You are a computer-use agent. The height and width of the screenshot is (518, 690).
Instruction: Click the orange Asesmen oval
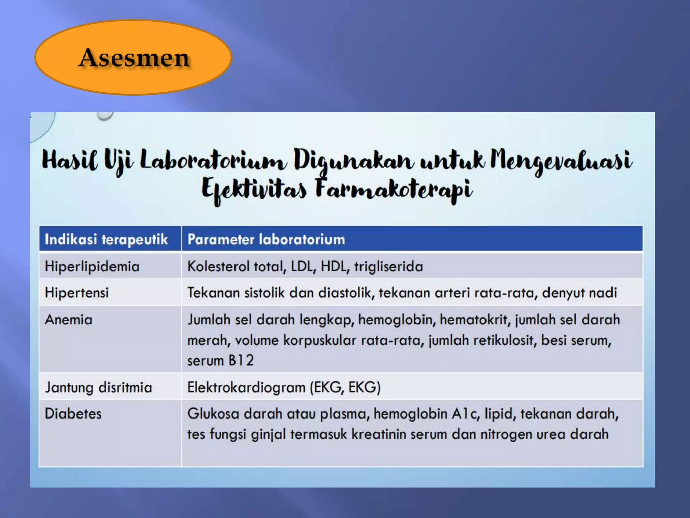(133, 57)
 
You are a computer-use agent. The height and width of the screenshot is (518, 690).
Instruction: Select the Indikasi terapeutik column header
(106, 239)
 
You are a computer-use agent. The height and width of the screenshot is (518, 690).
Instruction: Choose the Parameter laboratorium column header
(266, 239)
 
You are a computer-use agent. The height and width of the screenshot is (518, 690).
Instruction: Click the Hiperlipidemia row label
(92, 266)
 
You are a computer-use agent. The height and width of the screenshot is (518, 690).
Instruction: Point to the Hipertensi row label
(77, 293)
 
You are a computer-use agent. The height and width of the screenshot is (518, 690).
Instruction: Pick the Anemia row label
(68, 320)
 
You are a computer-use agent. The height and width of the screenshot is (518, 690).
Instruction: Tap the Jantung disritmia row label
(98, 387)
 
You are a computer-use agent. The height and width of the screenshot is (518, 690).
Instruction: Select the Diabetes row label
(73, 414)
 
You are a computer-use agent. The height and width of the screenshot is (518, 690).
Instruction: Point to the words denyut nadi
(579, 293)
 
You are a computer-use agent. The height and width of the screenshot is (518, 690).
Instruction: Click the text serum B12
(220, 361)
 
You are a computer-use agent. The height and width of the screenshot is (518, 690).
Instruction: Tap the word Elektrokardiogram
(246, 387)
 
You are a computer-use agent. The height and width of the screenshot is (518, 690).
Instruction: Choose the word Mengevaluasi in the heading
(561, 160)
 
